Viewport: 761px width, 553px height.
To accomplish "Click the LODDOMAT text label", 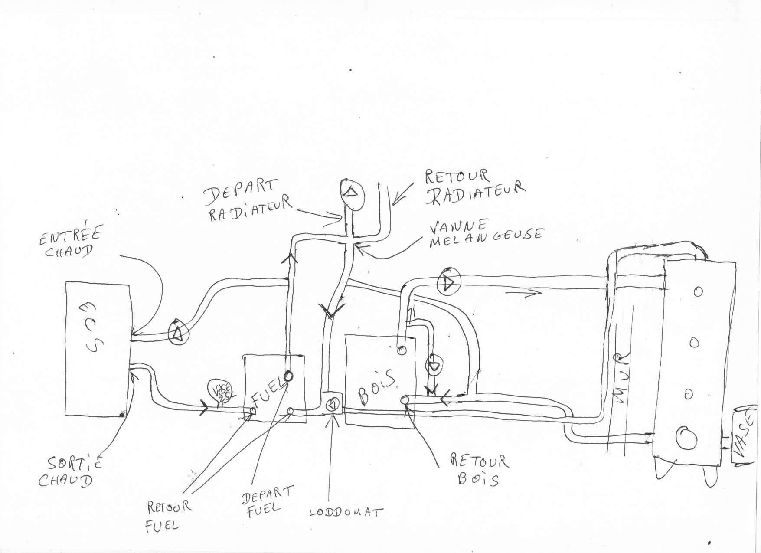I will (346, 512).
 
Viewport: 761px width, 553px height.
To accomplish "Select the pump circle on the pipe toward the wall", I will (449, 282).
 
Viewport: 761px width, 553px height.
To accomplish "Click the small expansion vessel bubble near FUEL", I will (221, 390).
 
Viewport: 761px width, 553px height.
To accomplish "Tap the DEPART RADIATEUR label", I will (248, 201).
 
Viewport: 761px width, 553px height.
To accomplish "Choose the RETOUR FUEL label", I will (167, 516).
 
